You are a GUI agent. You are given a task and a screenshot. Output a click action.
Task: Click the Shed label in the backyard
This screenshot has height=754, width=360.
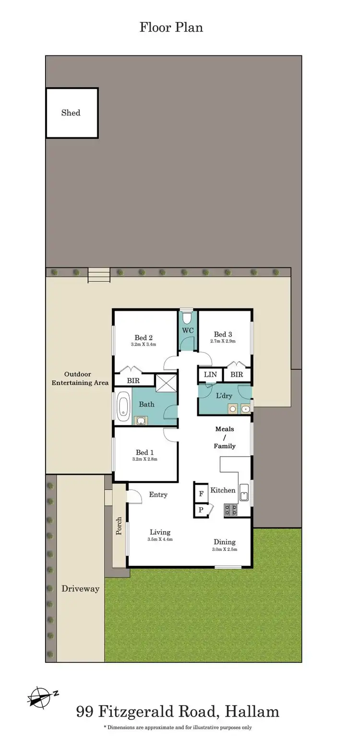[71, 113]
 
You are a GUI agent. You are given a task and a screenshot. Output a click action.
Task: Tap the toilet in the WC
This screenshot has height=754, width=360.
[188, 317]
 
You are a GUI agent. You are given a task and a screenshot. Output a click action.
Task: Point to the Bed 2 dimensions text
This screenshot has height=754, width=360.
[143, 344]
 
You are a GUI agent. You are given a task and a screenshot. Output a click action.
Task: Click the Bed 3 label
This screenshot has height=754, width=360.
[223, 334]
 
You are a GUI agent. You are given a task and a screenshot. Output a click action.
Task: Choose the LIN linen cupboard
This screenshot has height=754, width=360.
[210, 375]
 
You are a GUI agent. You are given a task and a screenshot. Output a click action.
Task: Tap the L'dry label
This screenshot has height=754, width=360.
[224, 396]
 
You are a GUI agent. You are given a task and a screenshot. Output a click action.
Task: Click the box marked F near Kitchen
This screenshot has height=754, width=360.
[201, 493]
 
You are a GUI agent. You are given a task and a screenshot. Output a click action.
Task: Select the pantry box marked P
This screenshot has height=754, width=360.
[201, 510]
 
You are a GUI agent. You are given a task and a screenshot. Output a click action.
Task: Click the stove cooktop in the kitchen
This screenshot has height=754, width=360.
[230, 510]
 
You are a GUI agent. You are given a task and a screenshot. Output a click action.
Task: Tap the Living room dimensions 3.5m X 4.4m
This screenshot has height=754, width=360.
[160, 539]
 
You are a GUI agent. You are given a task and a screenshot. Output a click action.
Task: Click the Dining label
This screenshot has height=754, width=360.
[224, 542]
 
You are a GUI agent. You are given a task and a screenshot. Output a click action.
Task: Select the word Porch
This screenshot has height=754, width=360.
[119, 526]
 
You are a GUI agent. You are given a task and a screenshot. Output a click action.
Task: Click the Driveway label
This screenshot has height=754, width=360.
[80, 589]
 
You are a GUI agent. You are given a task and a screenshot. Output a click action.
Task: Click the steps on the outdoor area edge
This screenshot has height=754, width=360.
[99, 275]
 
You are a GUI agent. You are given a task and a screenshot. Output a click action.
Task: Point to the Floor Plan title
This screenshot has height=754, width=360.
[171, 27]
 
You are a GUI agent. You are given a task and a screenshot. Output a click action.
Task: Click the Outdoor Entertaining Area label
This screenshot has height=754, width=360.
[80, 378]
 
